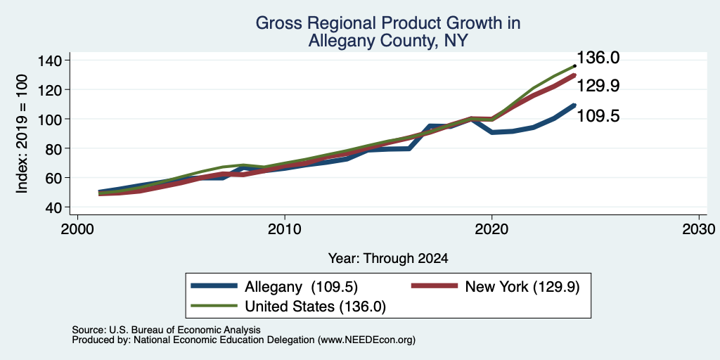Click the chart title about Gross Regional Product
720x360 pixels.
387,32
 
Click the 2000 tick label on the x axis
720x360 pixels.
77,229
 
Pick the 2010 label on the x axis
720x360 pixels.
285,229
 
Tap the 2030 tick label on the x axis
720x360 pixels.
699,229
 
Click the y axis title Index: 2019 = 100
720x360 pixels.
22,134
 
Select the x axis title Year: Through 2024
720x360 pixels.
388,259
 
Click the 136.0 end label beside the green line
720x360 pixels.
598,58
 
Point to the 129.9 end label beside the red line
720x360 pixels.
598,85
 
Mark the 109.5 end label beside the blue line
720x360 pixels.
598,116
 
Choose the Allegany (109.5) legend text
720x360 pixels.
301,287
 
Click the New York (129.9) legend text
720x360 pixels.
522,287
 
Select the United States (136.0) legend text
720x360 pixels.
316,307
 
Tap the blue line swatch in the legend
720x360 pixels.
215,286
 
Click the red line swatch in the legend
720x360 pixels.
435,286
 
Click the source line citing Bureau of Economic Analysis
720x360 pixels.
166,330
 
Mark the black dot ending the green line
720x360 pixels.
575,65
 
